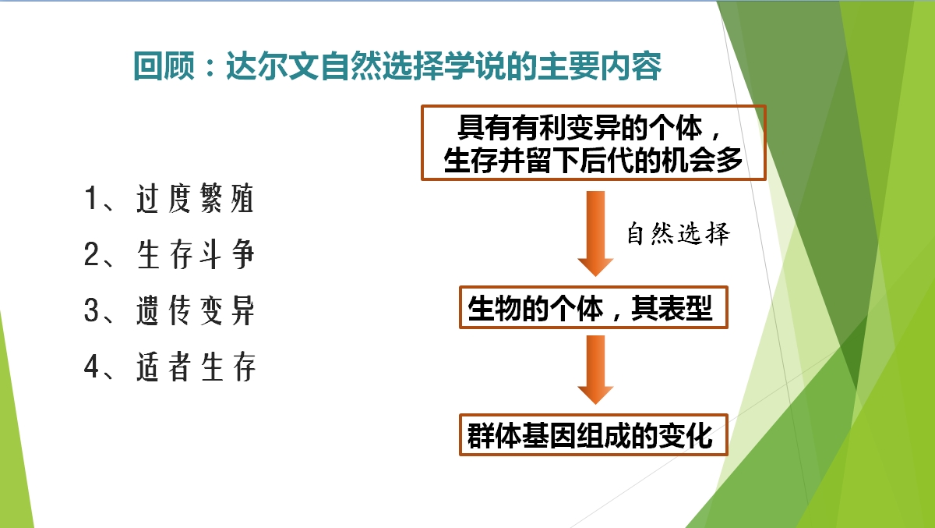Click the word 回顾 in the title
pos(164,66)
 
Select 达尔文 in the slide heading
pos(273,66)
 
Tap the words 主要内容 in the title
pos(600,66)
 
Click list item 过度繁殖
pos(196,198)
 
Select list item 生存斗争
pos(196,254)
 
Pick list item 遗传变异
pos(196,310)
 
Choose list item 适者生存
pos(196,367)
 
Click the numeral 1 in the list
pos(91,198)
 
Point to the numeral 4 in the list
pos(91,367)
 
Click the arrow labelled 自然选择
pos(595,234)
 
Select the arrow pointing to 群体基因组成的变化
pos(595,370)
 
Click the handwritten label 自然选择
pos(679,233)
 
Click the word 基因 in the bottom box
pos(549,435)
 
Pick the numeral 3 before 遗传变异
pos(91,310)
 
